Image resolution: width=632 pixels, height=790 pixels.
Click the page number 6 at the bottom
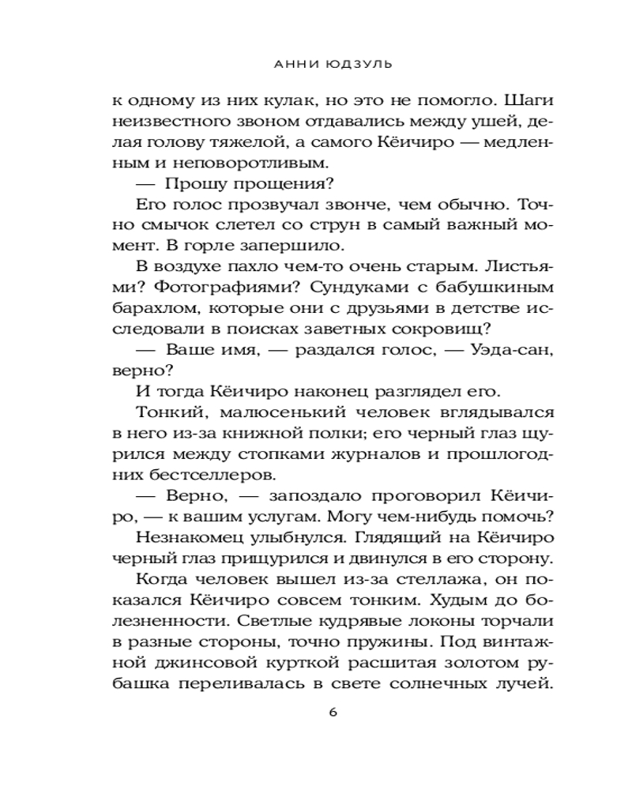(333, 712)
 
